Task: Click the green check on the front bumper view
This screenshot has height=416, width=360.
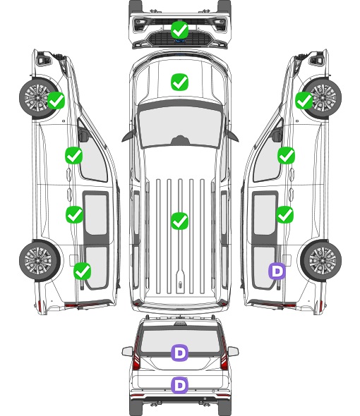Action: click(179, 30)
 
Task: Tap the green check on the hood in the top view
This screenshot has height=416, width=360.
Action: click(179, 82)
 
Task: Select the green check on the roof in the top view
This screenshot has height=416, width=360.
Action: click(179, 221)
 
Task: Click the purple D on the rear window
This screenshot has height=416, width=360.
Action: click(179, 353)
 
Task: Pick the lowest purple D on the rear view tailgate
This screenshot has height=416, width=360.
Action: click(179, 385)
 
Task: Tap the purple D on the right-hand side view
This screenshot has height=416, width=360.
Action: click(277, 271)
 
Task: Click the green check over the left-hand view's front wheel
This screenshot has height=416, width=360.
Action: click(56, 100)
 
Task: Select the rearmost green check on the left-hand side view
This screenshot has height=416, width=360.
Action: click(83, 271)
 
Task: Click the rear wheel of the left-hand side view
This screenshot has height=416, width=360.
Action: click(40, 260)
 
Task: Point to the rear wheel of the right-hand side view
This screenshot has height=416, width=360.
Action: click(321, 260)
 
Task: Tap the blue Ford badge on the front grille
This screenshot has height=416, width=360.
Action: click(179, 41)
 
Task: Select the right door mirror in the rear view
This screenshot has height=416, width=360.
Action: click(233, 351)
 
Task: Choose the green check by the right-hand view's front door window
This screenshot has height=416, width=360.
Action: click(286, 155)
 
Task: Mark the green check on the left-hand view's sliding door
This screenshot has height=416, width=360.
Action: click(74, 214)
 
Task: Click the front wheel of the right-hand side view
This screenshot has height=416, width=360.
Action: click(321, 98)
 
